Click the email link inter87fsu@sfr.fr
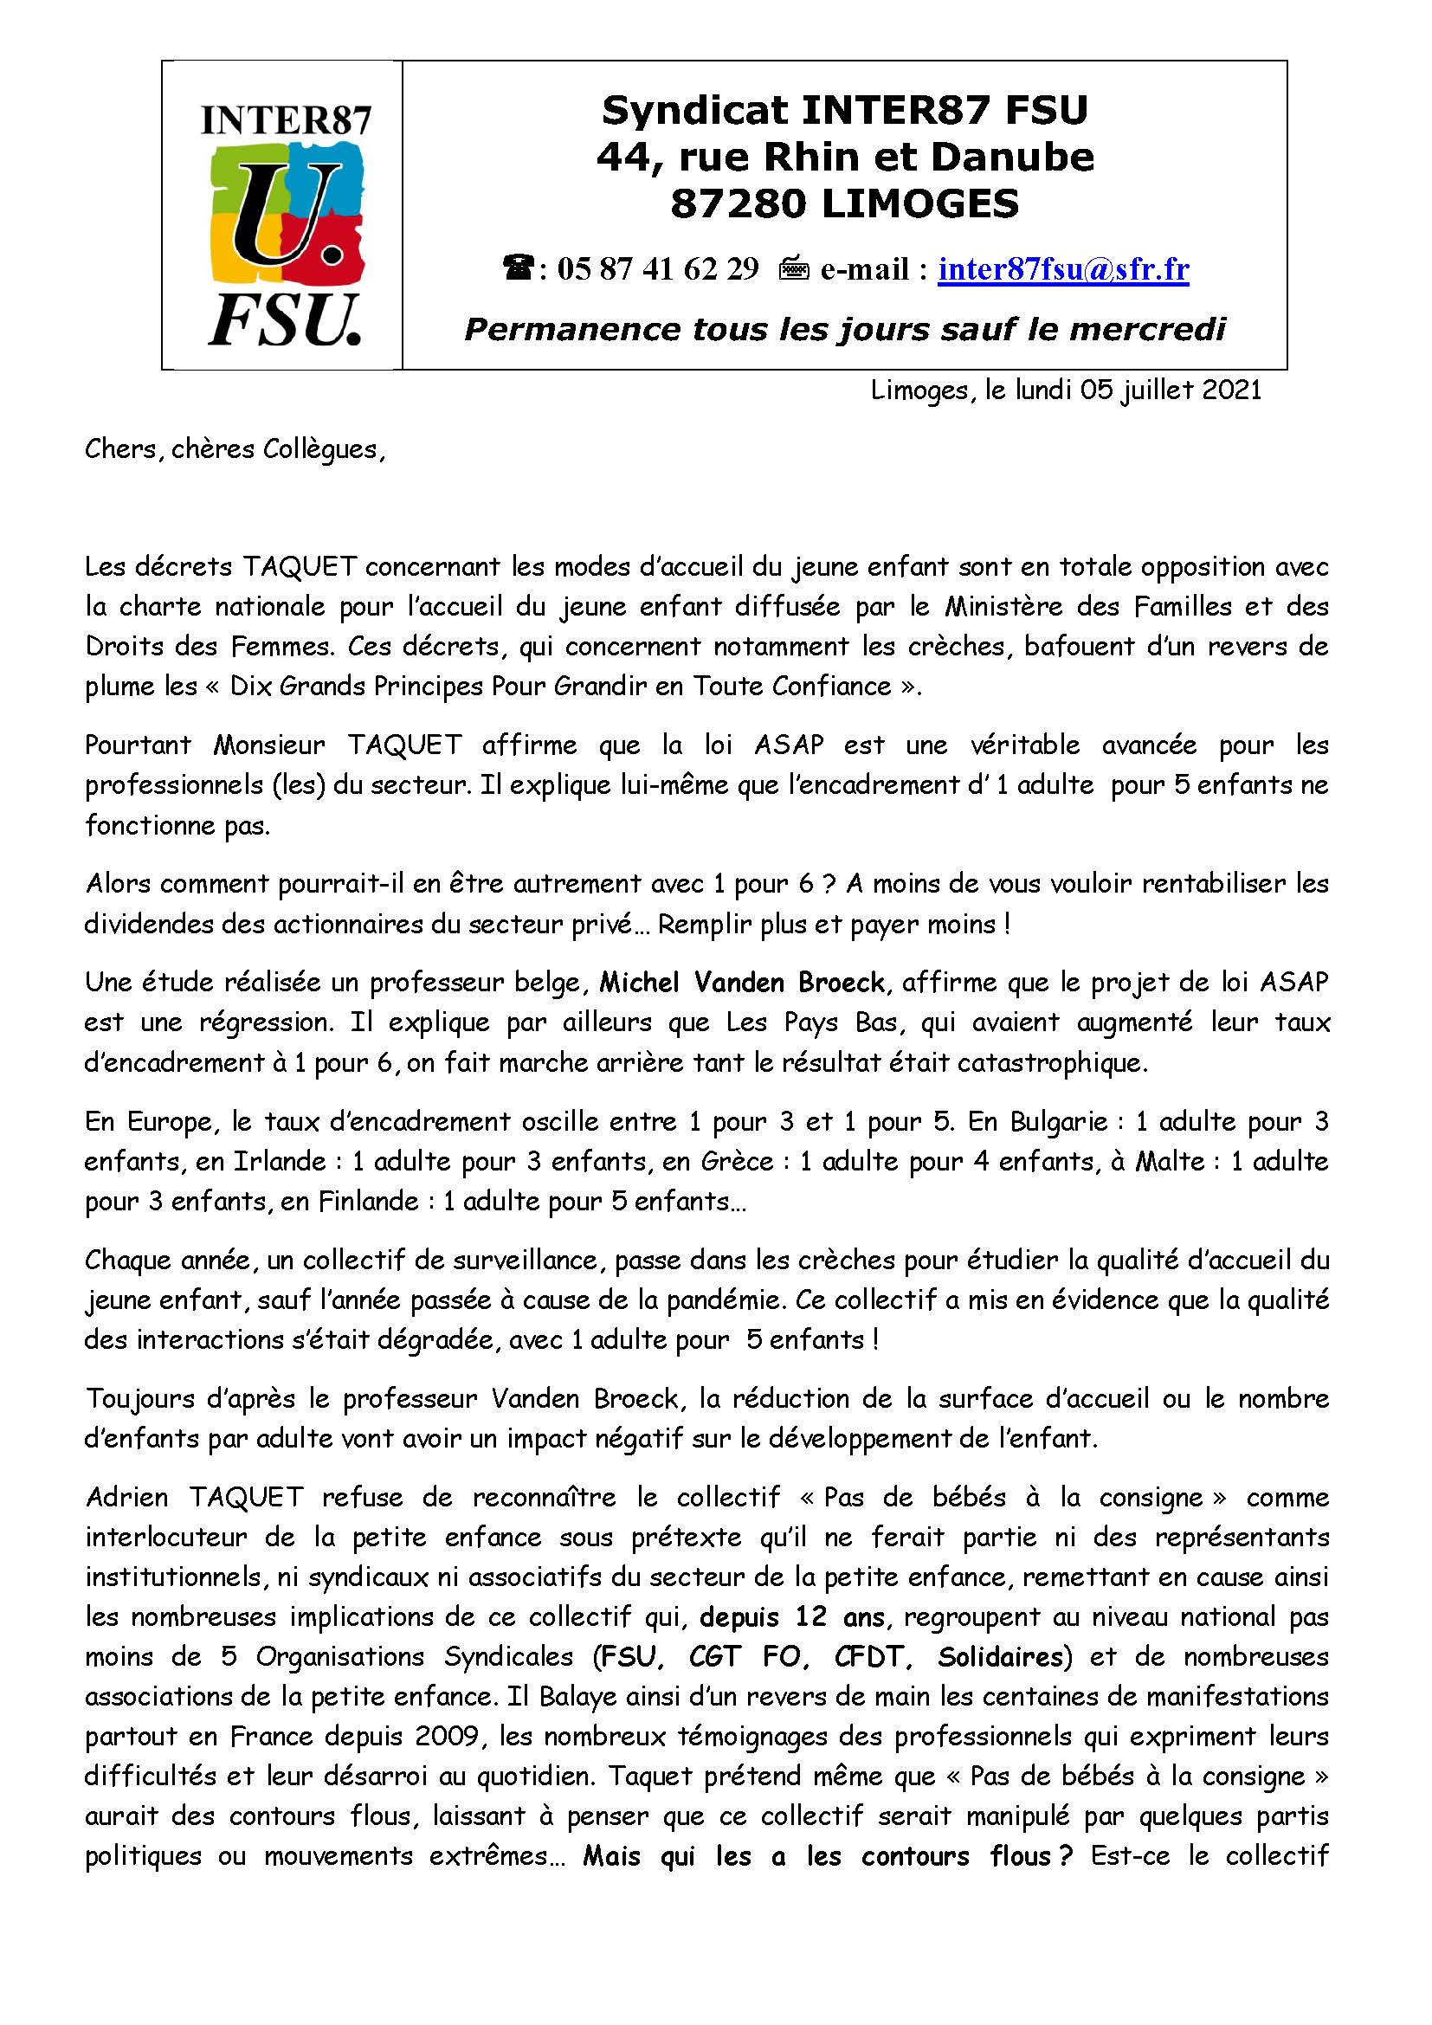(x=1062, y=269)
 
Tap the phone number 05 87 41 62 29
(x=658, y=269)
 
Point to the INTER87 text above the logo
(x=286, y=121)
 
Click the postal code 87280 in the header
(x=738, y=204)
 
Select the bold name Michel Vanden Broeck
(x=743, y=982)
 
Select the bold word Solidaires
(x=999, y=1656)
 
